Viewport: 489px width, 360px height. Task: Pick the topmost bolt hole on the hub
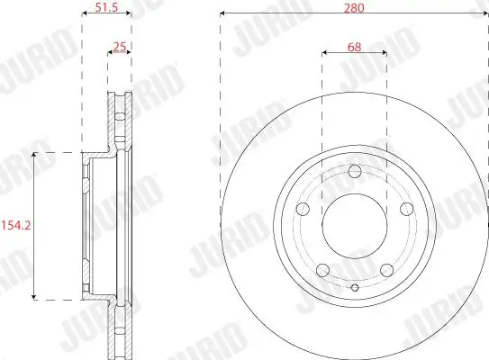pos(354,171)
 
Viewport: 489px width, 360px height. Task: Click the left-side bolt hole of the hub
pos(303,209)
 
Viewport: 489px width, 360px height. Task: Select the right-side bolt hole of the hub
pos(405,209)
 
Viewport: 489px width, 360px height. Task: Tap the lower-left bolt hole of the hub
pos(322,268)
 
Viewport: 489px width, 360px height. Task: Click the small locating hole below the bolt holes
pos(354,288)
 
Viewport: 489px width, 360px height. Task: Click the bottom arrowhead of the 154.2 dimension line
pos(34,296)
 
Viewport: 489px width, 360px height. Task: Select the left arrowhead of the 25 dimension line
pos(110,53)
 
